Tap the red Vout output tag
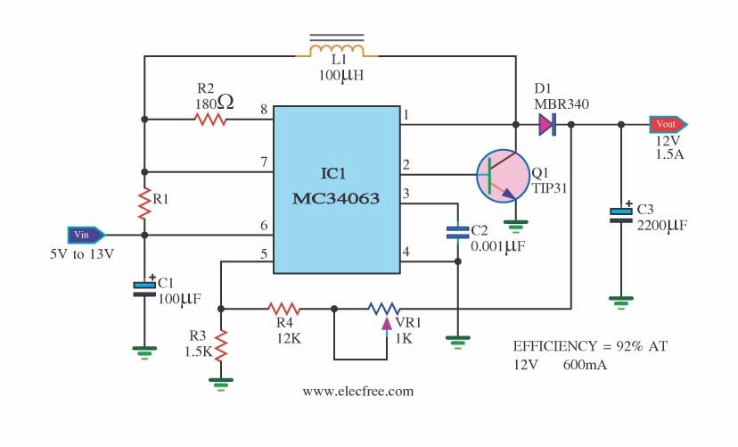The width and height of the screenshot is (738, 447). pos(668,124)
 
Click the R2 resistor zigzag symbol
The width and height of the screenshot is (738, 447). pos(210,120)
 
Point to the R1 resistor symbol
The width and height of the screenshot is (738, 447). pos(144,203)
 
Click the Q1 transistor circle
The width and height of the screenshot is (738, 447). pos(503,176)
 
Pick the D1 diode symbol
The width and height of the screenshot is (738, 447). pos(547,124)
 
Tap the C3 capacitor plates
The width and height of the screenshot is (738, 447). pos(621,215)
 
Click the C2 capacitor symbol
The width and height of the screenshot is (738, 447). pos(457,233)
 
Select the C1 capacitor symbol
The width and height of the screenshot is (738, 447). pos(144,289)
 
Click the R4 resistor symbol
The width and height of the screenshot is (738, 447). pos(283,309)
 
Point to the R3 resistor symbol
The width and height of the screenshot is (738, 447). pos(221,345)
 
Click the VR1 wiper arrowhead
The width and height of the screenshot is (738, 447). pos(387,324)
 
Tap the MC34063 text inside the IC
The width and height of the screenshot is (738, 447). pos(336,198)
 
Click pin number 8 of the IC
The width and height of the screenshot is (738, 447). pos(264,109)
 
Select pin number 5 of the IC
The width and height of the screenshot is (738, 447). pos(264,254)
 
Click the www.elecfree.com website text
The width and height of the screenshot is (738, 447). pos(358,392)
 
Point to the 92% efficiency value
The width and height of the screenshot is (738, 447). pos(629,346)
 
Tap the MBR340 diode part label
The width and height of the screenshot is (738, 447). pos(562,104)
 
